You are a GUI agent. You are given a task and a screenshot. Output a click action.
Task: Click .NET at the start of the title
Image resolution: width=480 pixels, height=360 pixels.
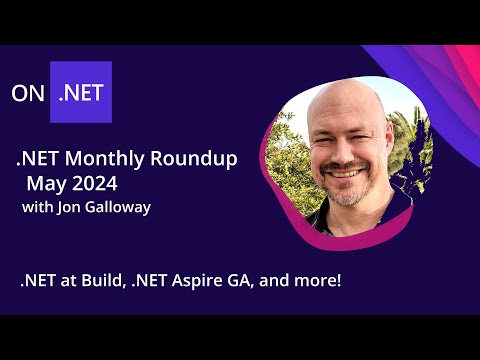[x=35, y=160]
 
